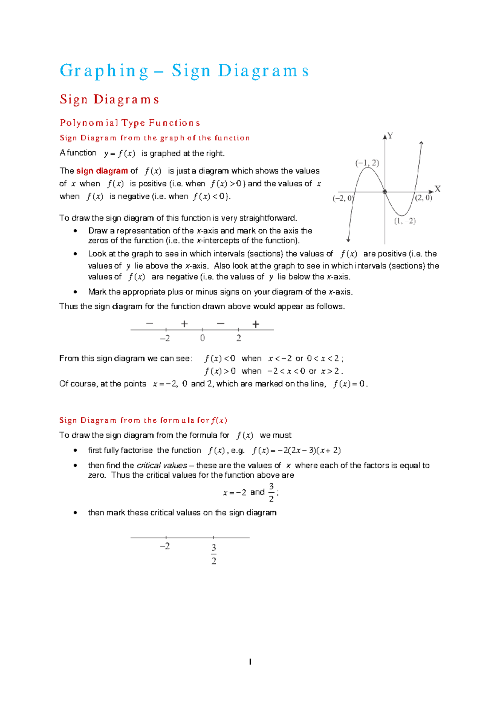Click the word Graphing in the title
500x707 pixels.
click(x=104, y=71)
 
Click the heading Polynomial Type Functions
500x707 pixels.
click(x=130, y=123)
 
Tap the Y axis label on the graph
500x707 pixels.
click(x=390, y=135)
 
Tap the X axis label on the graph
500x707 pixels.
click(x=437, y=189)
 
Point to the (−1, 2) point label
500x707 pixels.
click(x=367, y=163)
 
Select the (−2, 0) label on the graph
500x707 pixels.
click(x=342, y=198)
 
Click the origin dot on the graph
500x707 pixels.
click(x=385, y=192)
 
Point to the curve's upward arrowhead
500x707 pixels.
click(x=422, y=143)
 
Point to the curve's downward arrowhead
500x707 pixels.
click(x=348, y=240)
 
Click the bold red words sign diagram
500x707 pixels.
click(x=102, y=171)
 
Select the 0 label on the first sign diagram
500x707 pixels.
click(x=202, y=338)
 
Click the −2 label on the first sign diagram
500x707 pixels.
click(x=165, y=338)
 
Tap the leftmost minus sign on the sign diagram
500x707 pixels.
click(x=150, y=323)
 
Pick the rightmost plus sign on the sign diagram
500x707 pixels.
click(x=256, y=324)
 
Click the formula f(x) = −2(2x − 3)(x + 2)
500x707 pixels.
click(x=296, y=451)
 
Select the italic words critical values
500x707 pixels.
click(x=162, y=466)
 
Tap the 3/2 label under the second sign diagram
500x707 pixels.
click(x=214, y=554)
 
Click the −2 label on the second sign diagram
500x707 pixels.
click(x=165, y=547)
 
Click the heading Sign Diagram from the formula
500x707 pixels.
click(x=143, y=420)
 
